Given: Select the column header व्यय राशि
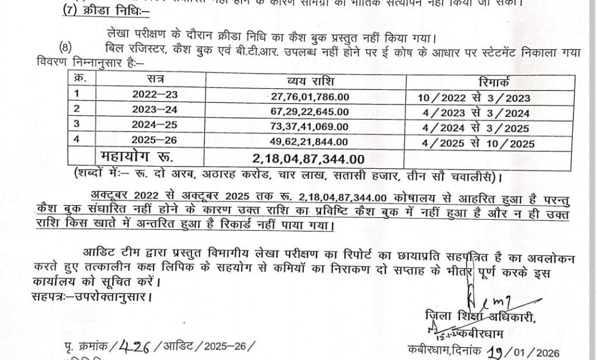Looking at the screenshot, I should tap(310, 81).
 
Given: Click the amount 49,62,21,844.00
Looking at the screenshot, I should tap(310, 143).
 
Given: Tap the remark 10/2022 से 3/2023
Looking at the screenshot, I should tap(474, 98).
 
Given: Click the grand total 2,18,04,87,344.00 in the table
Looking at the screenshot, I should tap(309, 158).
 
